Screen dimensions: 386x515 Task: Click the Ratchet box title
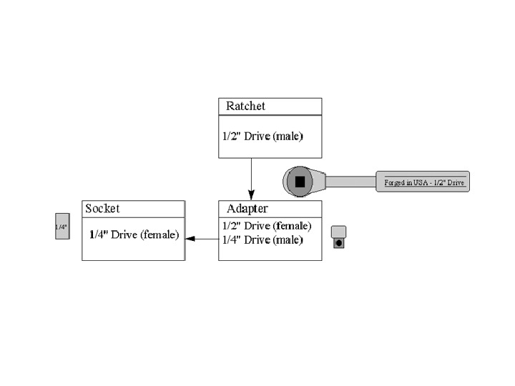click(x=245, y=106)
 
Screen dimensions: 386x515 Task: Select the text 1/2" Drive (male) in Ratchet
click(x=262, y=136)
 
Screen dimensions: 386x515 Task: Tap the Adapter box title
click(x=247, y=209)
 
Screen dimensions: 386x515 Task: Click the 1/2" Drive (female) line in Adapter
click(x=266, y=226)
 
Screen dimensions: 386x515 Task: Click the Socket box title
click(x=102, y=209)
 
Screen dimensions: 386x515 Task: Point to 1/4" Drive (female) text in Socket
click(x=134, y=234)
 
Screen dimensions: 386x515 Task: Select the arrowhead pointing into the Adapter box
click(x=251, y=195)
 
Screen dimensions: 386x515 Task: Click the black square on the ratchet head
click(x=300, y=182)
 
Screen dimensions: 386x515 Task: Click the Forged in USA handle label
click(x=422, y=183)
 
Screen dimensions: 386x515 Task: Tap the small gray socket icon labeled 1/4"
click(x=62, y=226)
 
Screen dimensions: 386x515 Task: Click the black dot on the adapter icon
click(x=339, y=243)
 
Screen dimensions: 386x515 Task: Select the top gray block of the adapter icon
click(x=339, y=231)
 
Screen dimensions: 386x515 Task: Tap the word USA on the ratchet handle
click(x=418, y=183)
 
